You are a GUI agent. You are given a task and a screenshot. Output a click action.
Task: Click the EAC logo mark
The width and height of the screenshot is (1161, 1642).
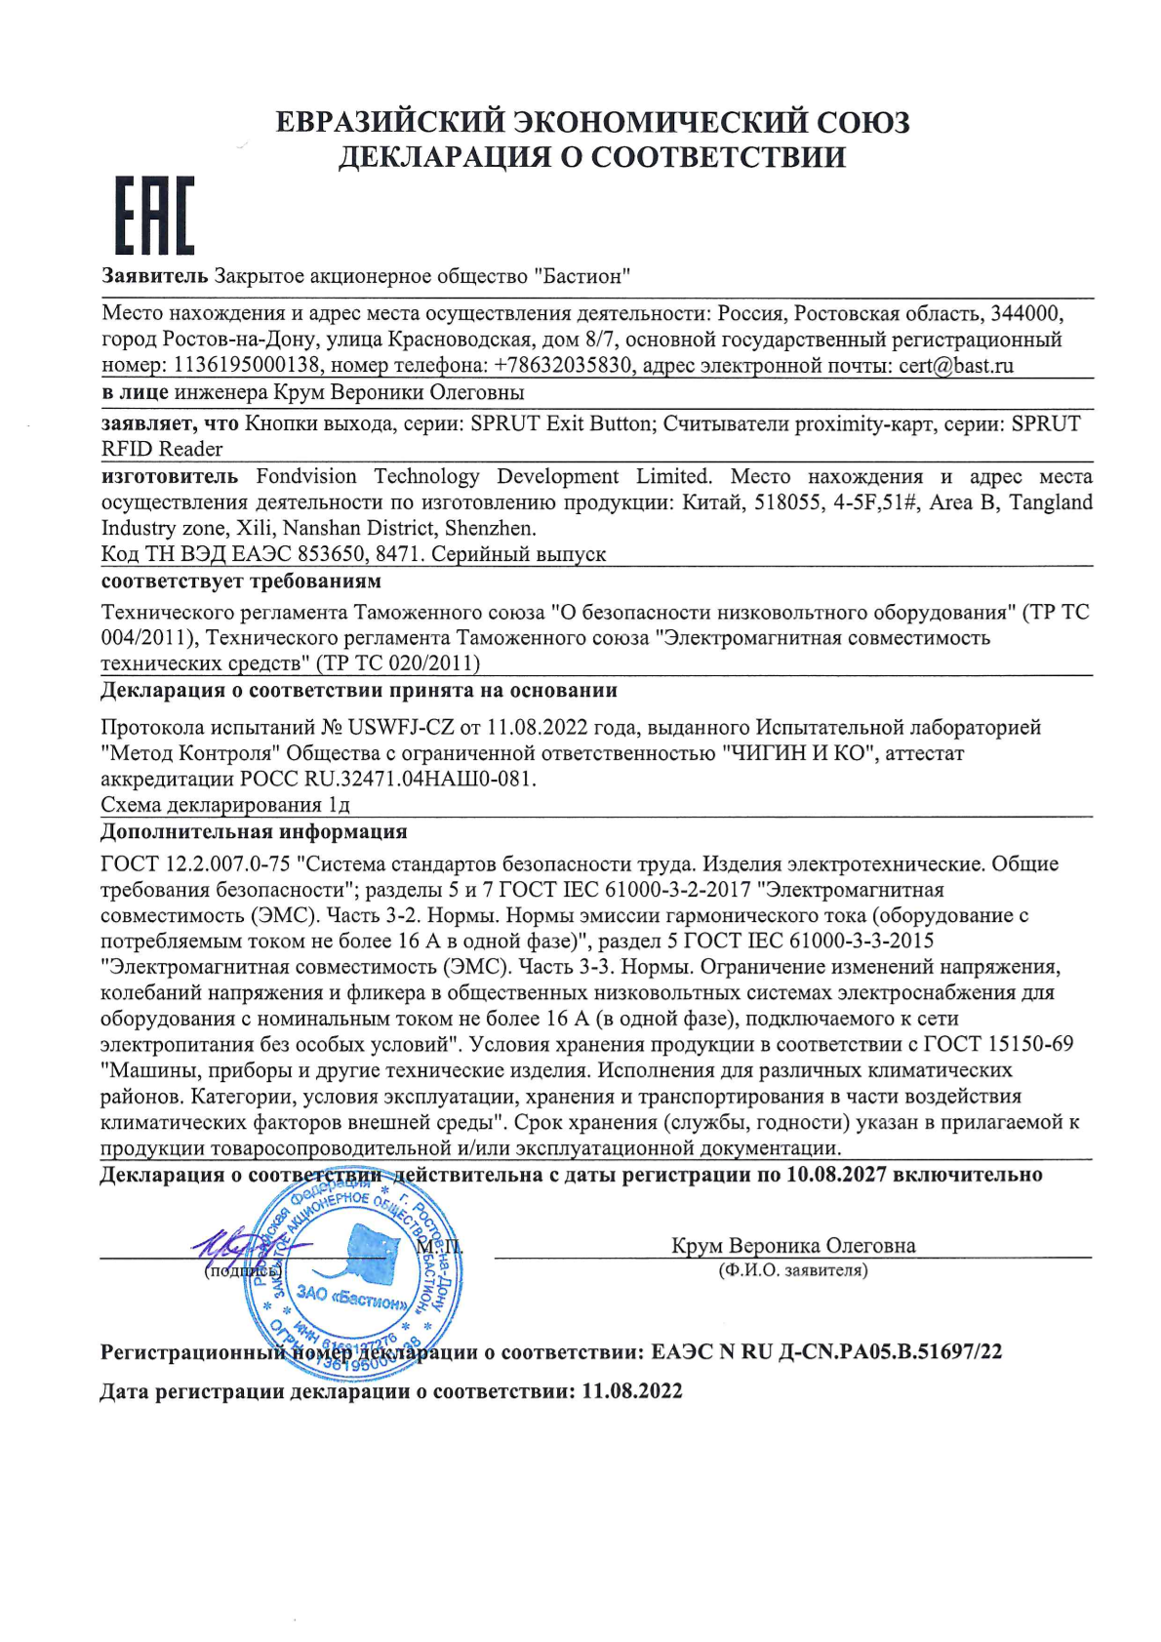tap(155, 215)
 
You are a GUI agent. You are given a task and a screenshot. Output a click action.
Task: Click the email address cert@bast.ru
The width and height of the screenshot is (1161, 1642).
tap(953, 366)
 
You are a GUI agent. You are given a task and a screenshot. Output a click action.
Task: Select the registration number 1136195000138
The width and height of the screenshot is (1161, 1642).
tap(247, 366)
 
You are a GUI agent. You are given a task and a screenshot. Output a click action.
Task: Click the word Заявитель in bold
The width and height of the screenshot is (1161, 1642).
tap(154, 276)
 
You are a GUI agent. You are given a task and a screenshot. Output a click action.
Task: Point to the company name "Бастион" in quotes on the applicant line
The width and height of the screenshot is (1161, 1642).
tap(581, 276)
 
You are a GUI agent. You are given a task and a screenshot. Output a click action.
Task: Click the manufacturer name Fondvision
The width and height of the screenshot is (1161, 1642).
tap(306, 476)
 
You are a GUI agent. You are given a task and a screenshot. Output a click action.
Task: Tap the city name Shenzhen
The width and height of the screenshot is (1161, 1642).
tap(490, 529)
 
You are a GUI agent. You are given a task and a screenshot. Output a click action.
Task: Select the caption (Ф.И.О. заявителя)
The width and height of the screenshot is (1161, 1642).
tap(792, 1270)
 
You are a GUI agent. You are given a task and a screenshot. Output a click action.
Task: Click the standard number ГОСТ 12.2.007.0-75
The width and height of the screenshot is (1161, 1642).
tap(195, 864)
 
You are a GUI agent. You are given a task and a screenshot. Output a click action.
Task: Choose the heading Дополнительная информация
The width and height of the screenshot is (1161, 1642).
tap(254, 832)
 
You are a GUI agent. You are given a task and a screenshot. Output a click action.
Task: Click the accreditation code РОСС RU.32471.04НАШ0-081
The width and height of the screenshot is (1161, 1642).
tap(387, 780)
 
